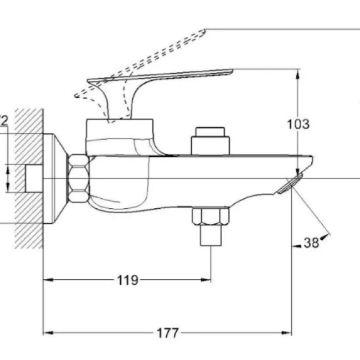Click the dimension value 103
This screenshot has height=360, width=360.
click(x=298, y=124)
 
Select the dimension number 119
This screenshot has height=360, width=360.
click(x=127, y=280)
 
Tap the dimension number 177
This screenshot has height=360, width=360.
click(x=167, y=333)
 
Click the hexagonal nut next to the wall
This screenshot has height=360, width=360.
click(x=78, y=178)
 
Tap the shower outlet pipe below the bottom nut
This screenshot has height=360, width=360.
click(x=210, y=236)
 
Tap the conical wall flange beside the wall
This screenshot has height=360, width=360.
click(x=56, y=178)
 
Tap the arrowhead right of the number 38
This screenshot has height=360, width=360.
click(x=327, y=237)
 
